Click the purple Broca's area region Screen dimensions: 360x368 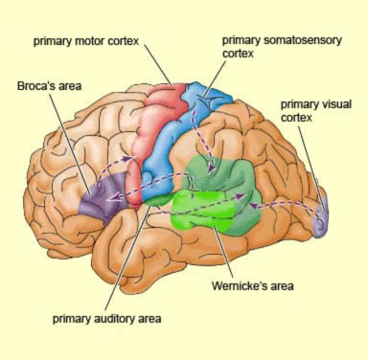point(103,195)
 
